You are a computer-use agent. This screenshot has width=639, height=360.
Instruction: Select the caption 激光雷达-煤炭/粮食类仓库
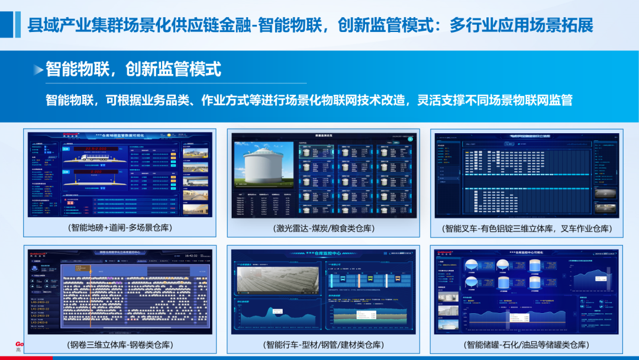click(325, 228)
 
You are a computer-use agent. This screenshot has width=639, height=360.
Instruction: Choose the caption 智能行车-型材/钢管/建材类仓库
click(325, 345)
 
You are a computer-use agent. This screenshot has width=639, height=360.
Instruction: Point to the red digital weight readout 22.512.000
click(95, 149)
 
